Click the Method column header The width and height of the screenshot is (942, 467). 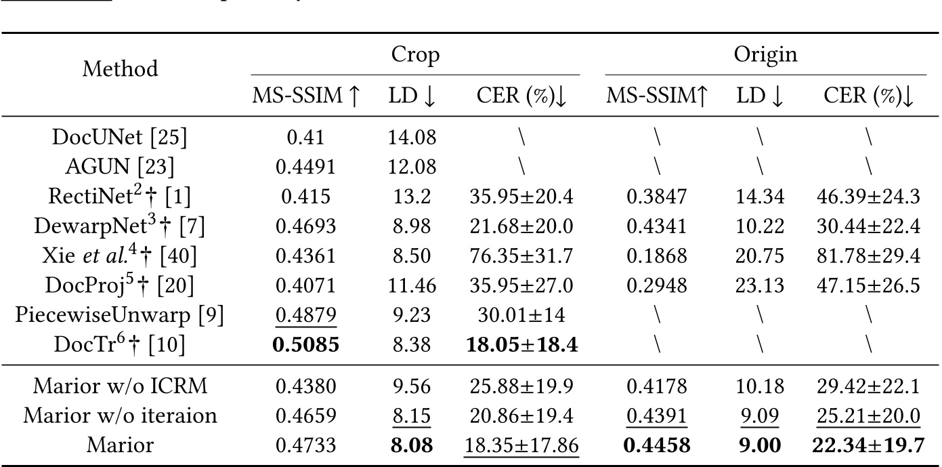tap(121, 68)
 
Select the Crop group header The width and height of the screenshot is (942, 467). tap(415, 55)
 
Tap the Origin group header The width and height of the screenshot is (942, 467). tap(765, 55)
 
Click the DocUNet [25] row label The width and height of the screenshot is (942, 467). tap(120, 138)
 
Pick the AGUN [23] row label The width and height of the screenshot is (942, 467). tap(120, 167)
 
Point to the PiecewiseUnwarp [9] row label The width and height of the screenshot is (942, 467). tap(120, 315)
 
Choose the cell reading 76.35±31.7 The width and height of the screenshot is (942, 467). tap(521, 256)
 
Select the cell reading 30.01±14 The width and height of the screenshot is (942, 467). tap(521, 315)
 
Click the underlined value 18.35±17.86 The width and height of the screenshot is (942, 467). tap(521, 445)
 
